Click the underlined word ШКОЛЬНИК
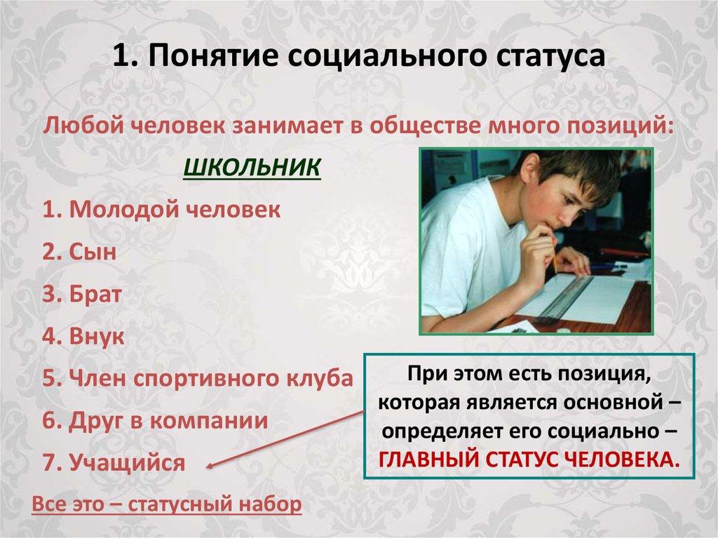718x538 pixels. point(252,168)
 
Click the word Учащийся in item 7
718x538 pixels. point(128,463)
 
